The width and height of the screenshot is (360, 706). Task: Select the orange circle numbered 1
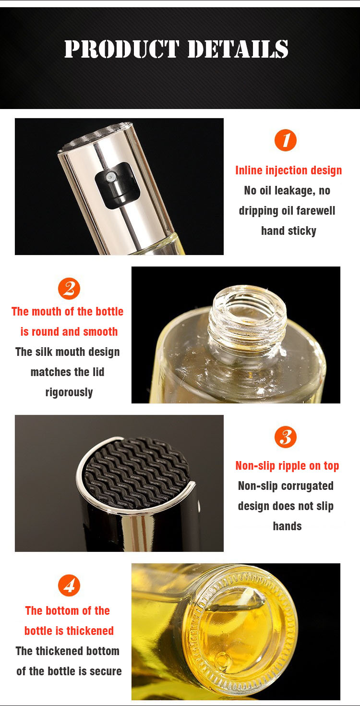point(286,140)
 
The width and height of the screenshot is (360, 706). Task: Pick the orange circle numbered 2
point(69,289)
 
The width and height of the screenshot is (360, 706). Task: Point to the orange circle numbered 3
point(286,437)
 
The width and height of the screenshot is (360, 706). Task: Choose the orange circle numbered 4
point(69,585)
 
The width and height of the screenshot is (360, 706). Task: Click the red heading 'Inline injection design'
point(288,170)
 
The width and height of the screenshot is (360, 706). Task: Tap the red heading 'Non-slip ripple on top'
point(287,466)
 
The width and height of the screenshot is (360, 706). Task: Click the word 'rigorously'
point(69,392)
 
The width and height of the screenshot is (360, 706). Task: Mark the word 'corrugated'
point(307,486)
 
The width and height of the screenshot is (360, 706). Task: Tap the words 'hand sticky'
point(288,231)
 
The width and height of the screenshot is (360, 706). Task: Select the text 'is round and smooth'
point(69,332)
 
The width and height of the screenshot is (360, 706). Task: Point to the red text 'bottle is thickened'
point(69,631)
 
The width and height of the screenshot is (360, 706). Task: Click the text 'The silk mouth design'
point(68,352)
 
